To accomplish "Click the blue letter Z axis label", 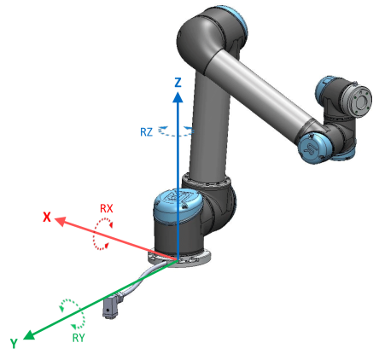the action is tap(178, 83).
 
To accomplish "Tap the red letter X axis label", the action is tap(47, 217).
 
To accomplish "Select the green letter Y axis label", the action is tap(14, 343).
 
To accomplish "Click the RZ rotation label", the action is tap(146, 132).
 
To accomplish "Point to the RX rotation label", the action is tap(107, 208).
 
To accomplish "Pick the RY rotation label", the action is tap(79, 338).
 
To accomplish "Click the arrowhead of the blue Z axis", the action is tap(178, 97).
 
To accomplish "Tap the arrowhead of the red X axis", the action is tap(60, 221).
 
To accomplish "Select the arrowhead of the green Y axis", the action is tap(29, 335).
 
